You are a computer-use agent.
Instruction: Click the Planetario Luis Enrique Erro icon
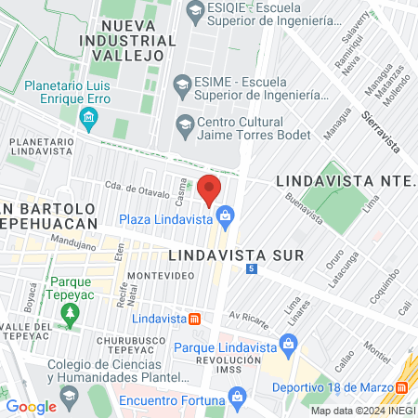pos(89,116)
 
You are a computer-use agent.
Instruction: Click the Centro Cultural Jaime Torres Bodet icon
pos(184,124)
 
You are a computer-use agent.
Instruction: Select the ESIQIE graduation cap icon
pos(195,12)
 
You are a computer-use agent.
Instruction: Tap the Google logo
pos(32,406)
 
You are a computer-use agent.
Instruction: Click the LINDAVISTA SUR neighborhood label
pos(222,253)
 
